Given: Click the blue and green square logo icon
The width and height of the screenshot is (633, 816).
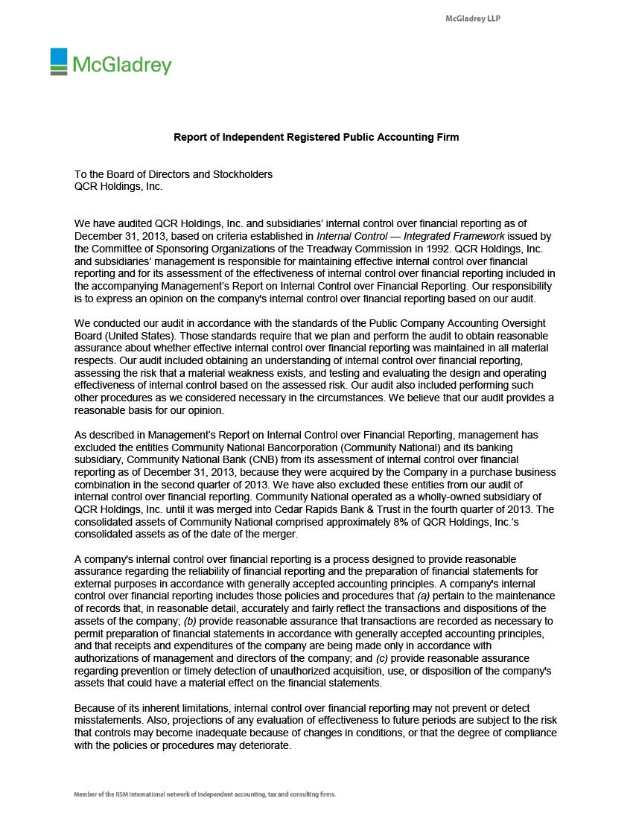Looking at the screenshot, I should pyautogui.click(x=59, y=61).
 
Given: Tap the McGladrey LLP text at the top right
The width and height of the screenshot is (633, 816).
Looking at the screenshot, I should pyautogui.click(x=473, y=18).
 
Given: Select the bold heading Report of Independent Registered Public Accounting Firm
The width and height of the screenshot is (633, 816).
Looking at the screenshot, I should pyautogui.click(x=316, y=137).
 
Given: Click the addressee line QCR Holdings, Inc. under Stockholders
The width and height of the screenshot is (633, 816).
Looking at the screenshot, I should pyautogui.click(x=118, y=186).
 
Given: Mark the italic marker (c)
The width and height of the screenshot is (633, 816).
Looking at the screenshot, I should pyautogui.click(x=380, y=658).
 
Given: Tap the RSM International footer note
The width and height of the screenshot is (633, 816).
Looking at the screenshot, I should pyautogui.click(x=205, y=794).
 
